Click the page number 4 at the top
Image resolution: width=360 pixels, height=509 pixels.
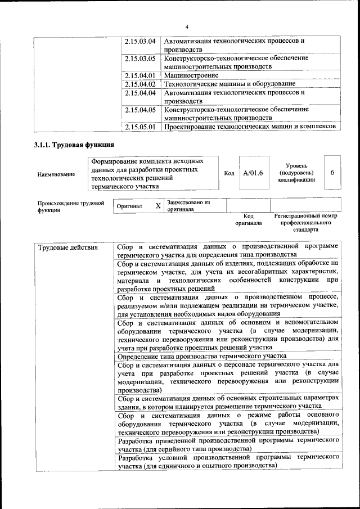point(187,27)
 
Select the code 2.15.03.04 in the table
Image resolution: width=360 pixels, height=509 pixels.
point(139,41)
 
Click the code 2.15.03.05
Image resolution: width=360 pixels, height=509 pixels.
point(139,58)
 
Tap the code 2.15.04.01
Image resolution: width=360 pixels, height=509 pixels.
point(139,75)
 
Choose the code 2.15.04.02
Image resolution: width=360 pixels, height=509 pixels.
point(139,84)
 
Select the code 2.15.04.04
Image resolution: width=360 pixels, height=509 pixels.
point(139,93)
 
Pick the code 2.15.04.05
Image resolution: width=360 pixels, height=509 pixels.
point(139,110)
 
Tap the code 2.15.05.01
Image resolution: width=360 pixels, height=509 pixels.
point(139,127)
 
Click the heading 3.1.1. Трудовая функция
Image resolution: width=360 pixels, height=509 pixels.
point(75,146)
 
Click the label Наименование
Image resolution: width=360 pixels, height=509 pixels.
point(56,174)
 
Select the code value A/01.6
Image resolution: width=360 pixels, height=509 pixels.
point(253,173)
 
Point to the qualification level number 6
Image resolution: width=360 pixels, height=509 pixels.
point(332,172)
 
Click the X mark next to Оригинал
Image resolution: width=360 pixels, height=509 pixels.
point(158,206)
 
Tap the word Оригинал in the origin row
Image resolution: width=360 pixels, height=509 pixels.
point(129,206)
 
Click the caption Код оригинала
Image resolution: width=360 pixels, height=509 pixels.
point(249,219)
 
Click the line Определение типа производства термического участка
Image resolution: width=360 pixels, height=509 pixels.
point(202,356)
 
